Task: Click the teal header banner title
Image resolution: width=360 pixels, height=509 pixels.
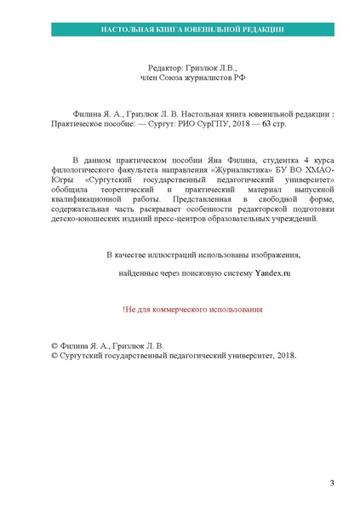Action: [180, 29]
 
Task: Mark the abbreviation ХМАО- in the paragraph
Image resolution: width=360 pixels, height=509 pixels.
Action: [317, 169]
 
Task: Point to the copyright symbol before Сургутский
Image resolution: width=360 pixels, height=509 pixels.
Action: [55, 357]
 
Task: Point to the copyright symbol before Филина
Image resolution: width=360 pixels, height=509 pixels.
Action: [55, 346]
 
